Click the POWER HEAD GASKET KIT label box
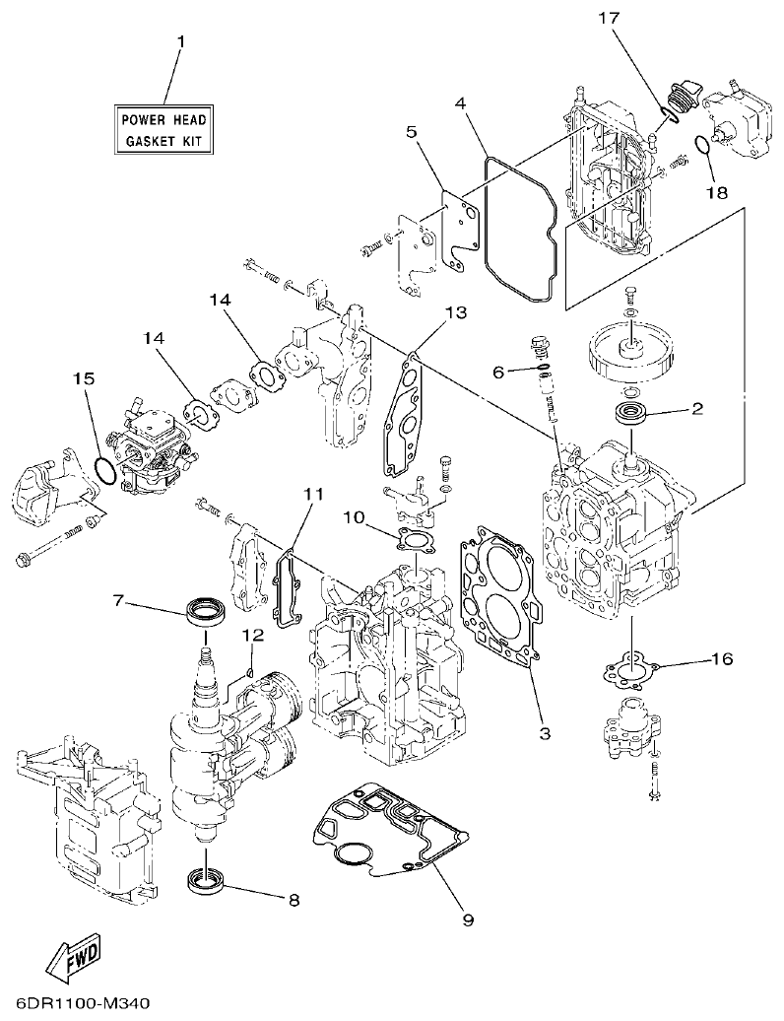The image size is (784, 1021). click(x=163, y=130)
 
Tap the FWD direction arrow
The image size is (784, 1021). click(x=77, y=957)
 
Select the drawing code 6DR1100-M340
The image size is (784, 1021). click(x=77, y=1004)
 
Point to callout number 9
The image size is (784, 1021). click(x=468, y=920)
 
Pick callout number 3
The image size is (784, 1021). click(x=544, y=733)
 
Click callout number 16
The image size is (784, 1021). click(x=721, y=659)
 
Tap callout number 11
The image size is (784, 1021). click(x=312, y=493)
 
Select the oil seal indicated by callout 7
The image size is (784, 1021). click(x=206, y=611)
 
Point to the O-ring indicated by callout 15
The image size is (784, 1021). click(x=105, y=471)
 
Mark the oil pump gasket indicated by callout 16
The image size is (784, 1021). click(x=627, y=672)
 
